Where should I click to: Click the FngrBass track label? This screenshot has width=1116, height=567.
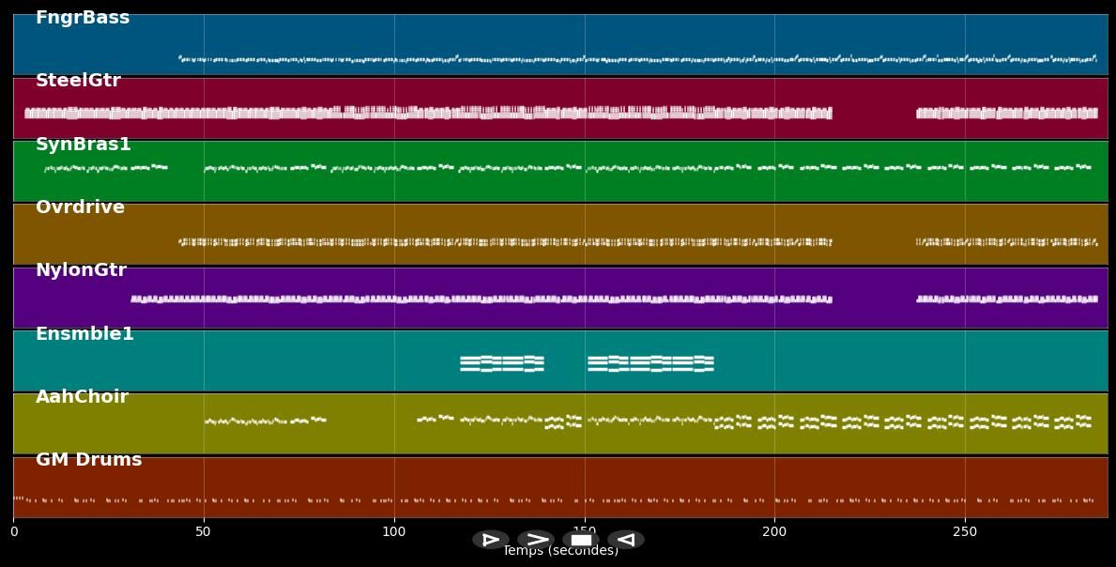coord(83,18)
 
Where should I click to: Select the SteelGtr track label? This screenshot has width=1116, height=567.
coord(78,81)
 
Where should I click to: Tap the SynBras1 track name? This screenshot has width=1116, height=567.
coord(84,145)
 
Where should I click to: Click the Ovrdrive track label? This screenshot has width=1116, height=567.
coord(80,207)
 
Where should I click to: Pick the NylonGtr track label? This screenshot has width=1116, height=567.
coord(81,270)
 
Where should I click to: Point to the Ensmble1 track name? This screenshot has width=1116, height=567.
coord(84,334)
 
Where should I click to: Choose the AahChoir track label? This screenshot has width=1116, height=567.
coord(82,397)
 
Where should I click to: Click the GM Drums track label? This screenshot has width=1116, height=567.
coord(88,460)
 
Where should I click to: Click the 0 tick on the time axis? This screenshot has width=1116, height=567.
coord(13,532)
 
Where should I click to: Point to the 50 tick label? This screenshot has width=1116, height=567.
coord(204,532)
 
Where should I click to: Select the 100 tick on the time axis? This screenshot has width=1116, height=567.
coord(394,532)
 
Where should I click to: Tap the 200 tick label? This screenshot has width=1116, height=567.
coord(774,532)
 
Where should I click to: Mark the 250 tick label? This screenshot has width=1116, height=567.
coord(965,532)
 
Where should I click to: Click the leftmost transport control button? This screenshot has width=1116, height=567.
coord(490,540)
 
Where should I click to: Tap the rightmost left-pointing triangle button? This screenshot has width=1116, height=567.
coord(625,540)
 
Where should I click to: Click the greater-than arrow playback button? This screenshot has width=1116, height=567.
coord(536,540)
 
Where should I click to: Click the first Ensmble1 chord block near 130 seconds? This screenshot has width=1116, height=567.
coord(502,363)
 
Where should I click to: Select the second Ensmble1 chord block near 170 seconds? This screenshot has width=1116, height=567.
coord(650,363)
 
